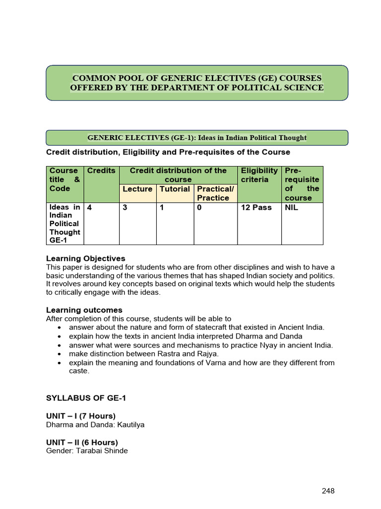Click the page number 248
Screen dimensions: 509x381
(x=328, y=491)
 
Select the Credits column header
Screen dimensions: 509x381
(x=101, y=170)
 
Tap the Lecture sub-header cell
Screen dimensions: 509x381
(x=137, y=189)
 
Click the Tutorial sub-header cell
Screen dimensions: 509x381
(x=175, y=189)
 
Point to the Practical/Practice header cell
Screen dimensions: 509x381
(x=215, y=193)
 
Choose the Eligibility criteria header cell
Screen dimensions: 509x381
(x=259, y=175)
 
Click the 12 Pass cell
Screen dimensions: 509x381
(x=256, y=207)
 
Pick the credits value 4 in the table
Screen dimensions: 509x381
(x=89, y=207)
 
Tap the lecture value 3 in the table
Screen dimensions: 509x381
(x=125, y=207)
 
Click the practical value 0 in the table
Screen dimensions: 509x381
(x=199, y=207)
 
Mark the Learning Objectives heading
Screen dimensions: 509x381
(x=85, y=258)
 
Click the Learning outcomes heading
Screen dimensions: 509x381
(x=84, y=310)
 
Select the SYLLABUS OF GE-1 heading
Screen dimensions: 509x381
(x=82, y=399)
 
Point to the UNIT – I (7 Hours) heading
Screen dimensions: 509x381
(x=81, y=416)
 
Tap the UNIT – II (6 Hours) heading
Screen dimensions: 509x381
(x=82, y=442)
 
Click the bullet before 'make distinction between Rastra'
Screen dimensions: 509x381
(x=59, y=354)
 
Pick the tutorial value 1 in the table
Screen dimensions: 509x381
(x=162, y=207)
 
